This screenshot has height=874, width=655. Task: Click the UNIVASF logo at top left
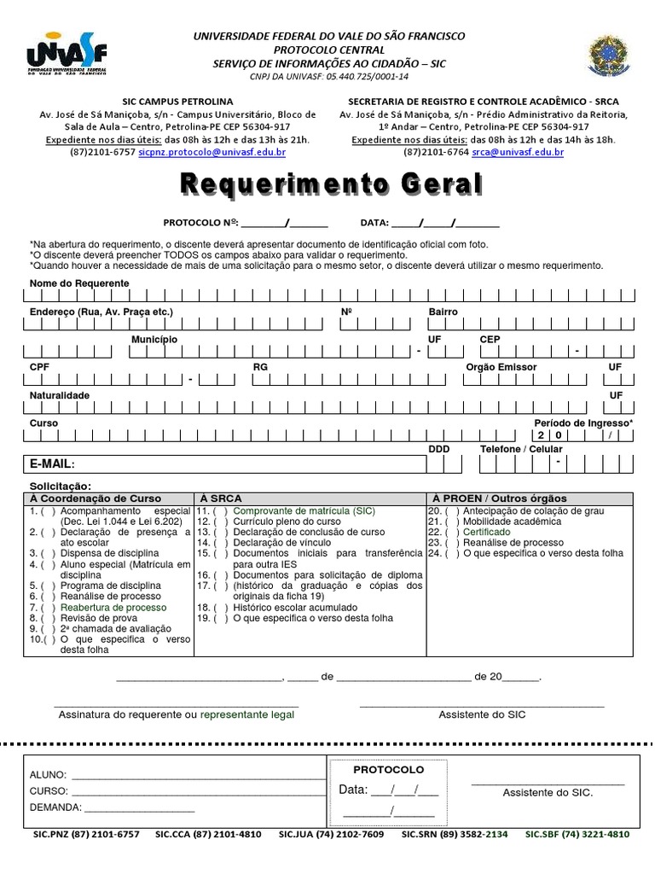(67, 55)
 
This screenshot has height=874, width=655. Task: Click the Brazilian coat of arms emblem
(607, 56)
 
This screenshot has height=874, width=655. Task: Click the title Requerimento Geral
(330, 184)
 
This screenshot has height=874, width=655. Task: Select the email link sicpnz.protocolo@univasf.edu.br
(212, 152)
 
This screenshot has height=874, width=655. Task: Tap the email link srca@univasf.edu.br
(518, 152)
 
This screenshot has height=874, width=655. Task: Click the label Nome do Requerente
(79, 283)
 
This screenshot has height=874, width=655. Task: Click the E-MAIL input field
(247, 463)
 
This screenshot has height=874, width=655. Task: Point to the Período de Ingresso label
(583, 423)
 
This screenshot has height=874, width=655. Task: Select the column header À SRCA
(221, 498)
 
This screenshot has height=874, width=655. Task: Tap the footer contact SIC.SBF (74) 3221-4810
(577, 835)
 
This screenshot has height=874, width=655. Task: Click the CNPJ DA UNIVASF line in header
(329, 76)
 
